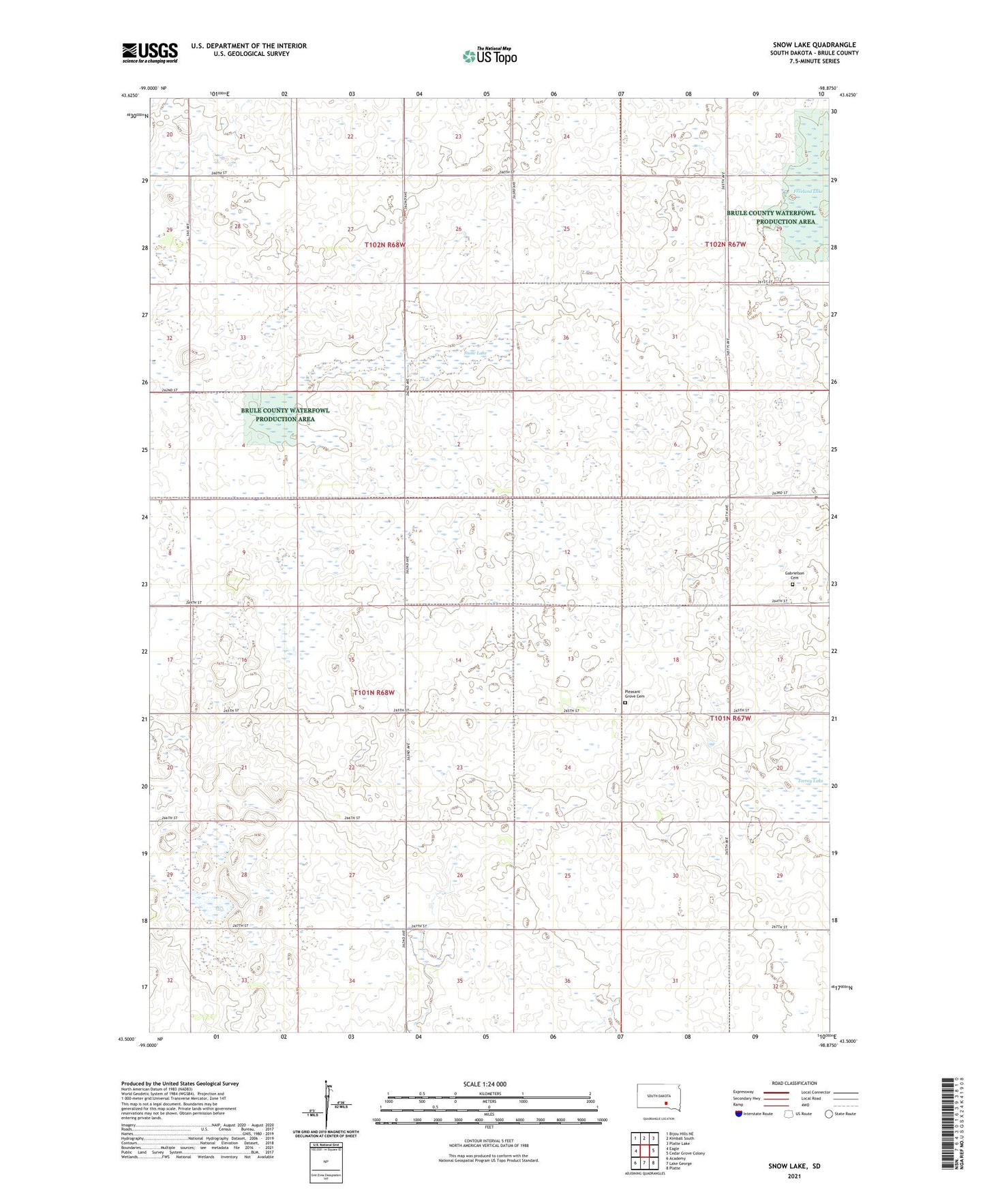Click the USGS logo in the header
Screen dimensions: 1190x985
pos(150,52)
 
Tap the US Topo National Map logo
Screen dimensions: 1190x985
pos(489,56)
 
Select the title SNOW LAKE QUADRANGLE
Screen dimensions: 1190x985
pos(814,45)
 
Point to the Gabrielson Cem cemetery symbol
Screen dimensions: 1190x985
pos(792,584)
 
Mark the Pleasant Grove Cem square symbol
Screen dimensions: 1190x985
pos(625,703)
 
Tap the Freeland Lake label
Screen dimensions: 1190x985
pos(809,192)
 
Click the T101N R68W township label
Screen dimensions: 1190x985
pos(374,692)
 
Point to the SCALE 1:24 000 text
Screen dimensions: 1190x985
pos(484,1084)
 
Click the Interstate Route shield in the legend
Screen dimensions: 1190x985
pos(738,1114)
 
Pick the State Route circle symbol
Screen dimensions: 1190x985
pos(829,1114)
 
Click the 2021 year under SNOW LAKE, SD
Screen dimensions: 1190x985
pos(794,1176)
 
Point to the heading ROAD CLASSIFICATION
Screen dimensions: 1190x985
pos(794,1083)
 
